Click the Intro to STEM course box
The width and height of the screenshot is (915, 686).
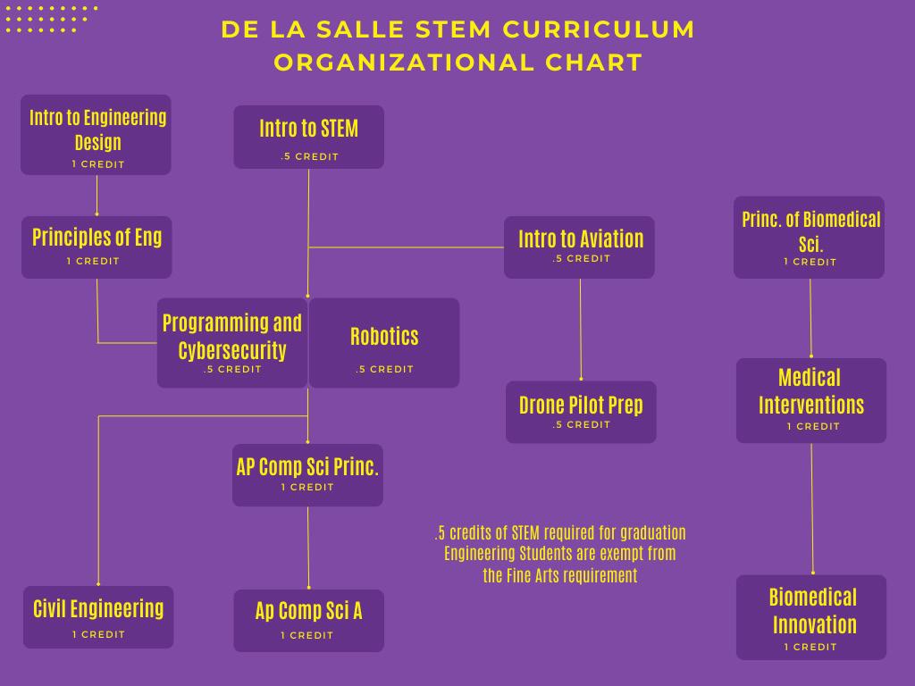pos(308,137)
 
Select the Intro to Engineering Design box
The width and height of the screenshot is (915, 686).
pos(96,135)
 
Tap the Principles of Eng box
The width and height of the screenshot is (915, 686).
pos(97,247)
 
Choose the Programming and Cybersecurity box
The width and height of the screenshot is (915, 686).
pos(232,342)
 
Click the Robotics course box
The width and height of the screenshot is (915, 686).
pos(384,342)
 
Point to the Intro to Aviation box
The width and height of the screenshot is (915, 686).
pos(579,247)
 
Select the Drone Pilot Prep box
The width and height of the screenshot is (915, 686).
pos(581,412)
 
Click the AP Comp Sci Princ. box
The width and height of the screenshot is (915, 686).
pos(307,474)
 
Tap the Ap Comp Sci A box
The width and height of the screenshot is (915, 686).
pos(308,620)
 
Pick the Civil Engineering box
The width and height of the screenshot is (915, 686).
pos(98,616)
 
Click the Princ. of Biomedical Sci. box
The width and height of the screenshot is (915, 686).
pos(809,237)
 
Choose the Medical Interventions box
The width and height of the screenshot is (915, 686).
pos(811,400)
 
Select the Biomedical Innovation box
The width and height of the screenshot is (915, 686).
pos(811,617)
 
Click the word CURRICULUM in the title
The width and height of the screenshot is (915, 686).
pos(599,29)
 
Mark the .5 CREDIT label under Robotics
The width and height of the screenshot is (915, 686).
pos(384,369)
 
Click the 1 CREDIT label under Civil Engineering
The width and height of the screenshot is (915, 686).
pos(98,634)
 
